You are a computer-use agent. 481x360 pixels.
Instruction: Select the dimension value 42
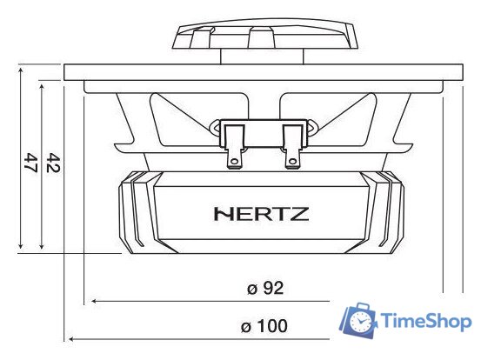[x=53, y=163]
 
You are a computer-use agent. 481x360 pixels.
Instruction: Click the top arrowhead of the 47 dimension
[x=20, y=69]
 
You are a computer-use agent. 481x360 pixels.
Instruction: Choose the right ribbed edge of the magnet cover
[x=384, y=210]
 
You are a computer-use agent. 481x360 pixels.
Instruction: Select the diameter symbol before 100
[x=246, y=327]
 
